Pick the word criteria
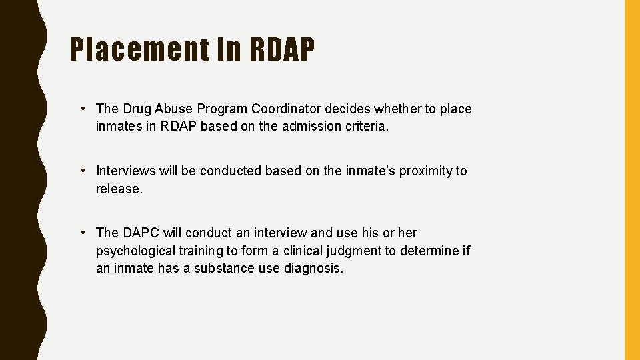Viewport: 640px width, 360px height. (365, 126)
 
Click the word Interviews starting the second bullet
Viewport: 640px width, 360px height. (125, 171)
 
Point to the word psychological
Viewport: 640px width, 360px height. (135, 251)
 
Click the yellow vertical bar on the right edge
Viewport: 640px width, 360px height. (631, 180)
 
